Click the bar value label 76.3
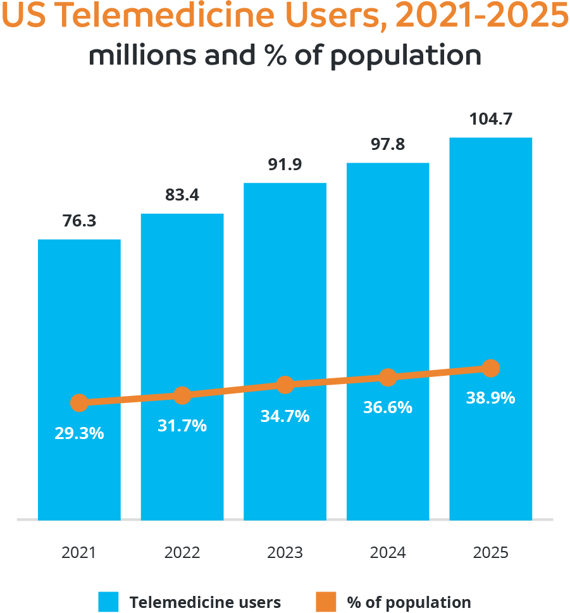point(79,221)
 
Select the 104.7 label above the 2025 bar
point(491,120)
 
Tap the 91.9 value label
point(285,165)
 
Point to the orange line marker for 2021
point(79,403)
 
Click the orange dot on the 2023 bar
point(285,385)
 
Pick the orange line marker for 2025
point(491,368)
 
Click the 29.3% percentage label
point(79,434)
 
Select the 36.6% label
point(388,408)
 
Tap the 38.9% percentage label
point(491,399)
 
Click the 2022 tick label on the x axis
point(182,552)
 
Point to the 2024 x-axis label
point(388,552)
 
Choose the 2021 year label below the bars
point(79,552)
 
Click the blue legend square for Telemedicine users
point(108,602)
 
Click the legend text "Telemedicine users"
point(205,602)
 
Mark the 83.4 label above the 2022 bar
point(182,195)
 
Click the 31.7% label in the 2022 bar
point(182,426)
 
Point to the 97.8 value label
point(388,145)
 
